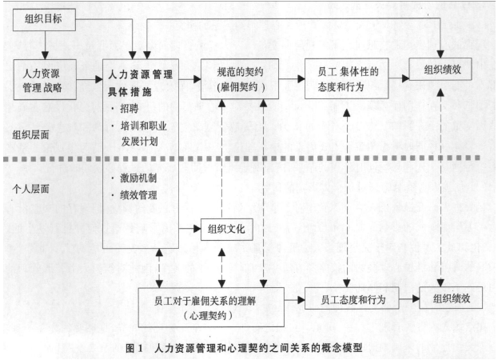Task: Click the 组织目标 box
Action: (x=44, y=20)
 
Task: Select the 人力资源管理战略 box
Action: (x=45, y=79)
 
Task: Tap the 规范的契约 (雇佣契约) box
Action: (x=240, y=78)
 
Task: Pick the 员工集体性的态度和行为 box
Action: (x=346, y=78)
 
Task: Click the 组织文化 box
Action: (x=227, y=229)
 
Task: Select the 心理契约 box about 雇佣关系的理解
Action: (x=211, y=307)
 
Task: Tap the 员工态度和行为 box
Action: (x=352, y=298)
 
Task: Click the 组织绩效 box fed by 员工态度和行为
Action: (x=451, y=298)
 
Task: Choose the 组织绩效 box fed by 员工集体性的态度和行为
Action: (x=440, y=69)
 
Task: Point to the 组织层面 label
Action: (x=30, y=135)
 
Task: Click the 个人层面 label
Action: (x=30, y=189)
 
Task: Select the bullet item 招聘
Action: (x=126, y=109)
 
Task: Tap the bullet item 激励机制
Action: (x=134, y=178)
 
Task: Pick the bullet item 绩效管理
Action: (x=134, y=195)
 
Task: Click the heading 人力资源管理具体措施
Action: (x=140, y=83)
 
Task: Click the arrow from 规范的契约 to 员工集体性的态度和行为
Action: (x=292, y=78)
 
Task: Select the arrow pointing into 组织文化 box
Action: (x=189, y=229)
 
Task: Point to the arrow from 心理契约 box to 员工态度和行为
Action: (x=294, y=300)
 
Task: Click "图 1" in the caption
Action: (x=134, y=348)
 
